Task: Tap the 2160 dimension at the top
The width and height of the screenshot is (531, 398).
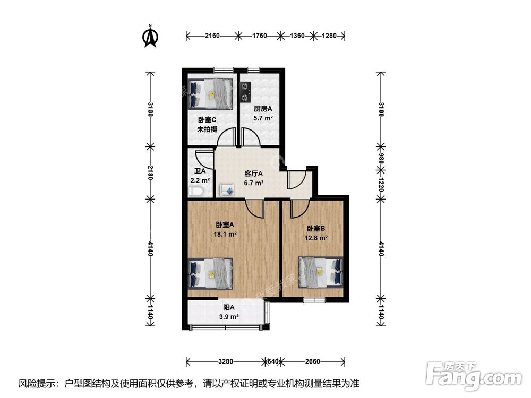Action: coord(212,36)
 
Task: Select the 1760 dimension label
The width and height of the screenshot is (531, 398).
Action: coord(259,36)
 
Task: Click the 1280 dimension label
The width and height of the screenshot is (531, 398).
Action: coord(330,36)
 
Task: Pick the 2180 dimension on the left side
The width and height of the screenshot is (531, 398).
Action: coord(151,172)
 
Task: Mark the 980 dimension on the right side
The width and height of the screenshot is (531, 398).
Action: coord(381,158)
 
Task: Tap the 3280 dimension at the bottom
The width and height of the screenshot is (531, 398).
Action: coord(226,362)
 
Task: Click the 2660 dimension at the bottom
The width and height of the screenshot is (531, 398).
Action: coord(313,362)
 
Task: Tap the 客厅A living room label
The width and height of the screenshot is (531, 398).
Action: coord(254,174)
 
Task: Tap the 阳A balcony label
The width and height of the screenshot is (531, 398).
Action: coord(229,308)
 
